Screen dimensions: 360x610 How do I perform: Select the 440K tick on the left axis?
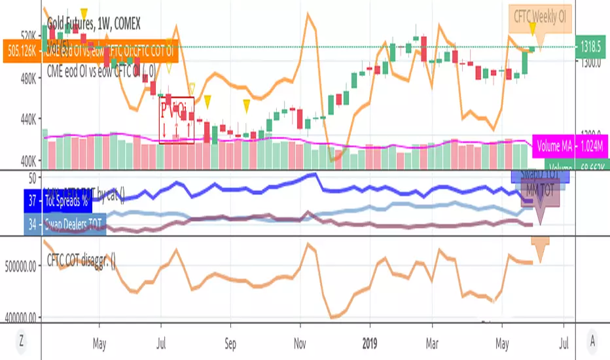coord(27,119)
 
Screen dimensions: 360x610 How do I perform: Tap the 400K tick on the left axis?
coord(27,160)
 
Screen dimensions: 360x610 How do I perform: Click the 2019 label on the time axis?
coord(369,340)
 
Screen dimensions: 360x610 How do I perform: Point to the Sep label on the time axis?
coord(230,340)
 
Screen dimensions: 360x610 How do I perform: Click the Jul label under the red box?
coord(160,340)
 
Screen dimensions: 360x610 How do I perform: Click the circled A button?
coord(592,340)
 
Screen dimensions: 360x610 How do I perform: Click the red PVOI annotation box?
coord(177,120)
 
